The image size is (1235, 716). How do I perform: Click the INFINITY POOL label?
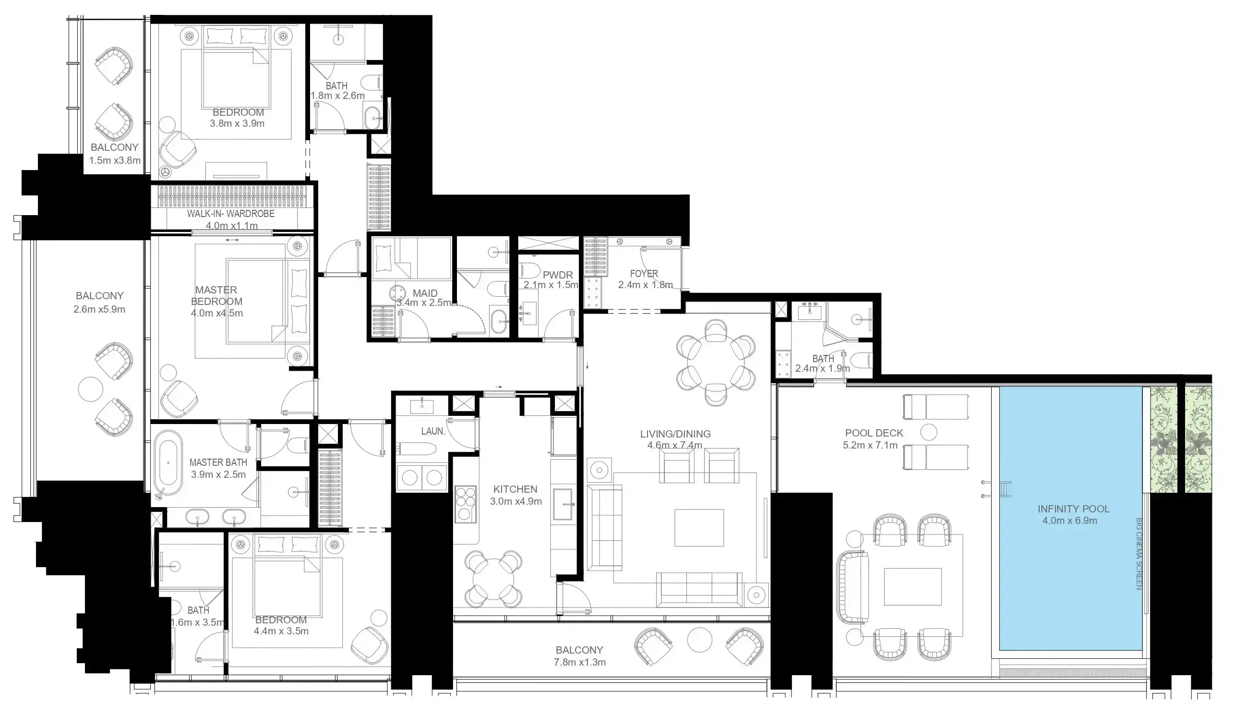pyautogui.click(x=1073, y=509)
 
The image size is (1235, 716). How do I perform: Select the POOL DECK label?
pyautogui.click(x=874, y=433)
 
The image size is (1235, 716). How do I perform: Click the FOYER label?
pyautogui.click(x=644, y=274)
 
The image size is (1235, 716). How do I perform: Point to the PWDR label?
pyautogui.click(x=558, y=275)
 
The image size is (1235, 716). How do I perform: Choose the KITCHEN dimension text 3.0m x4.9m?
pyautogui.click(x=516, y=501)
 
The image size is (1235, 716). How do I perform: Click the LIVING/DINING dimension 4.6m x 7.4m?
pyautogui.click(x=674, y=445)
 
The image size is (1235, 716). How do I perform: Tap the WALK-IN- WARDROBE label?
pyautogui.click(x=230, y=214)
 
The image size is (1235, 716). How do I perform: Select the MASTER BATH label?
pyautogui.click(x=218, y=462)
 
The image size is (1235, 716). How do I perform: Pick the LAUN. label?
pyautogui.click(x=433, y=431)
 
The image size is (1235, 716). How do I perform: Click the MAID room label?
pyautogui.click(x=425, y=293)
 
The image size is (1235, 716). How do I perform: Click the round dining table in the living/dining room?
pyautogui.click(x=715, y=362)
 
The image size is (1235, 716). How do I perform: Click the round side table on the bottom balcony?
pyautogui.click(x=699, y=640)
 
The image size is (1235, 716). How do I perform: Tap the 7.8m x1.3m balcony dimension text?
pyautogui.click(x=580, y=662)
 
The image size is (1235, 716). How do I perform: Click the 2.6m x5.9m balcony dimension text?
pyautogui.click(x=99, y=309)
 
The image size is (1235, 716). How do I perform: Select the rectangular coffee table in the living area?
pyautogui.click(x=698, y=527)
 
